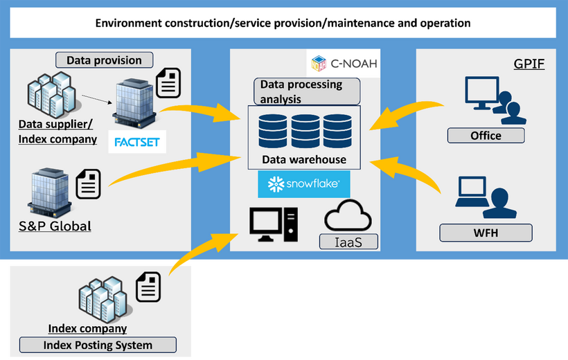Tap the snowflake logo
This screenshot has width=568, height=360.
pyautogui.click(x=303, y=185)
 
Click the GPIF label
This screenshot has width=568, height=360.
pyautogui.click(x=529, y=64)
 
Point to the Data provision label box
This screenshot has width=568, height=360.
pyautogui.click(x=104, y=60)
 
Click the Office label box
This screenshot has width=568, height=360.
pyautogui.click(x=486, y=135)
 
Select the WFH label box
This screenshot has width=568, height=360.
pyautogui.click(x=486, y=233)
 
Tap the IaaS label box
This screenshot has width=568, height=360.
pyautogui.click(x=349, y=241)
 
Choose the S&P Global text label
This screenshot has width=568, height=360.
pyautogui.click(x=55, y=226)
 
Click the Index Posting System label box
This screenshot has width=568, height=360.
pyautogui.click(x=98, y=345)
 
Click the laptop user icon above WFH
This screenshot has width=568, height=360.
pyautogui.click(x=486, y=197)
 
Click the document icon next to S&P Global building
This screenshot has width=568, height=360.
pyautogui.click(x=87, y=183)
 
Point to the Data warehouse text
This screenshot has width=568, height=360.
pyautogui.click(x=303, y=159)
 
